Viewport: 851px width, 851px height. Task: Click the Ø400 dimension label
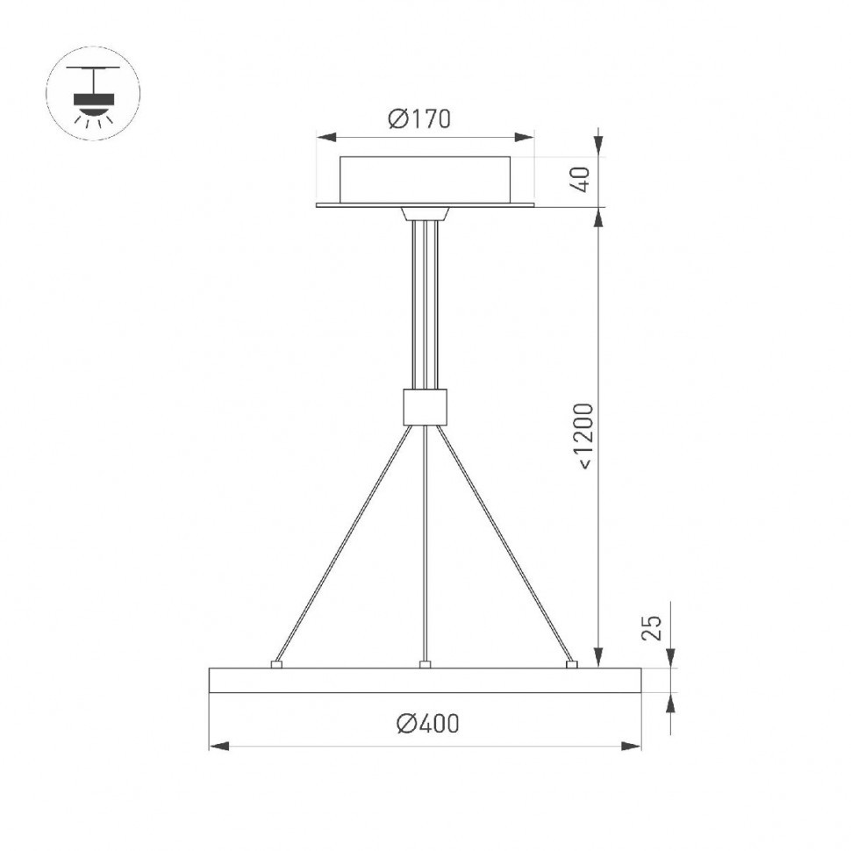click(427, 724)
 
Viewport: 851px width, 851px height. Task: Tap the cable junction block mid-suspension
click(425, 406)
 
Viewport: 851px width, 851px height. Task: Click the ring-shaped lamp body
click(425, 681)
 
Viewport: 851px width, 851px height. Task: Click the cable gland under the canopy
click(425, 213)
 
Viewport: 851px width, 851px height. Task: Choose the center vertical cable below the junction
click(425, 544)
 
